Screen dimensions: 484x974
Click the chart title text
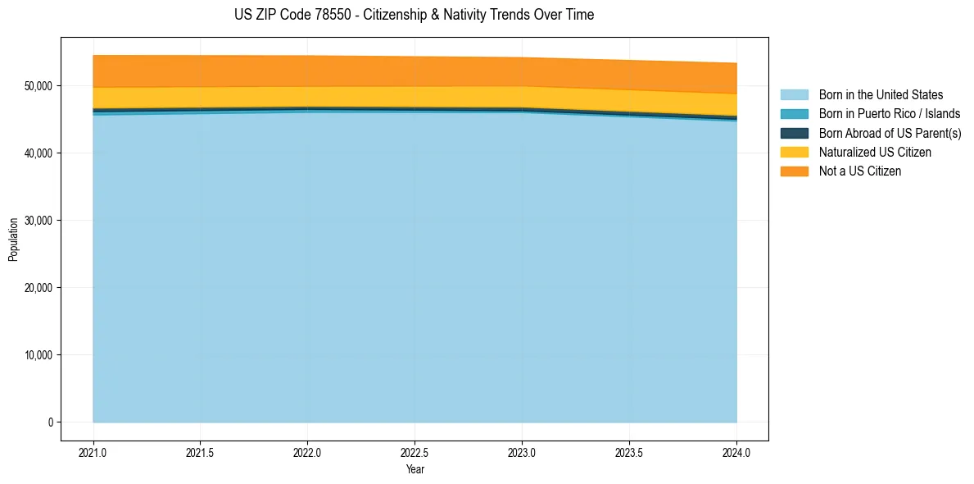coord(414,15)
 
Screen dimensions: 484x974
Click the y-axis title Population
coord(13,240)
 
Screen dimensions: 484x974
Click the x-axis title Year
coord(415,469)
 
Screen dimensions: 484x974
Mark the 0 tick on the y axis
coord(49,422)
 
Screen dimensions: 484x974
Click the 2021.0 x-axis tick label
coord(93,452)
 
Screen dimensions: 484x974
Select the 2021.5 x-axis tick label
coord(201,452)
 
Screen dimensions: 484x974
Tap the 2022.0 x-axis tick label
coord(308,452)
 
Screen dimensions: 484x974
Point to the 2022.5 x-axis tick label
coord(415,452)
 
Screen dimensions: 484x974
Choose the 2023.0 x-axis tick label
coord(523,452)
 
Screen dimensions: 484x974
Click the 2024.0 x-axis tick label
coord(737,452)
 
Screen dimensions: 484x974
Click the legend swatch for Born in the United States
coord(794,95)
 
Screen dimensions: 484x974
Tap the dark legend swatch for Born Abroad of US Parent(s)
coord(794,133)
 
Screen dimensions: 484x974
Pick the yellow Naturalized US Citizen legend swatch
coord(794,153)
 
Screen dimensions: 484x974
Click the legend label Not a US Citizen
coord(860,171)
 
